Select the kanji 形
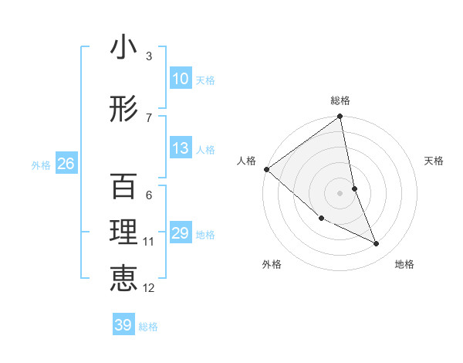coord(123,110)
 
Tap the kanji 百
coord(123,188)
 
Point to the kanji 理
coord(123,234)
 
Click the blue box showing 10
coord(181,79)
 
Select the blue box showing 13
coord(181,148)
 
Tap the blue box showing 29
coord(181,233)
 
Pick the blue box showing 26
coord(66,163)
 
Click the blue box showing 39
coord(123,325)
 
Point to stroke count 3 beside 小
coord(149,56)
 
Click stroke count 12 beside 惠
coord(149,288)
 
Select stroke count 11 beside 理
coord(149,242)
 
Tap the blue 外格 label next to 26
coord(41,165)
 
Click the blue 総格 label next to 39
coord(148,327)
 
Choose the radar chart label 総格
coord(340,100)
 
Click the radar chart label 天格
coord(434,161)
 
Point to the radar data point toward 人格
coord(266,169)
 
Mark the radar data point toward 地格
coord(377,244)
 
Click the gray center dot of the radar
coord(340,192)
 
